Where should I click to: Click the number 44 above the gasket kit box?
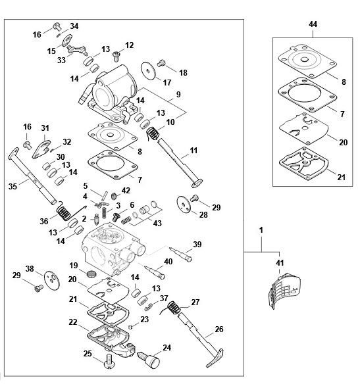coord(313,24)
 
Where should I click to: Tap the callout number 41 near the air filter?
coord(280,263)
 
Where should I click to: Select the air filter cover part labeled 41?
coord(284,291)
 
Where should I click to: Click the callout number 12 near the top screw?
coord(130,45)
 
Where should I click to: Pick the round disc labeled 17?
coord(148,70)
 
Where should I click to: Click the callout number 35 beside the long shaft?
coord(13,186)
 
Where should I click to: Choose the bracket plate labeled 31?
coord(41,149)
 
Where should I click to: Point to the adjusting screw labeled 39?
coord(180,254)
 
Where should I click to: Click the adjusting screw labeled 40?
coord(155,272)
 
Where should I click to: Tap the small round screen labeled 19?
coord(91,274)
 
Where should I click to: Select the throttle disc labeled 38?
coord(52,280)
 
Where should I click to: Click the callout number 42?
coord(126,191)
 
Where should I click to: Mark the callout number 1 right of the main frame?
coord(261,230)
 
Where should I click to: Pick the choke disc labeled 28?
coord(184,204)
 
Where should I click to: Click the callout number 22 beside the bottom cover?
coord(73,322)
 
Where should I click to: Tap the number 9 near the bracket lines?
coord(178,94)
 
